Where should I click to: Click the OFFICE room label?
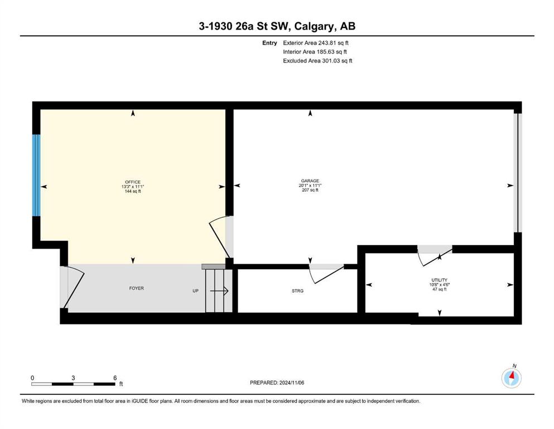point(133,182)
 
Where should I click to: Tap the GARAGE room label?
point(310,181)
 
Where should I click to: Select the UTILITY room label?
point(440,280)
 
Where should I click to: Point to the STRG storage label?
point(297,290)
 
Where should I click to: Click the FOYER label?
point(136,288)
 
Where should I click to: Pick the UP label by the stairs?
point(195,290)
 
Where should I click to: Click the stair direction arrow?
point(219,291)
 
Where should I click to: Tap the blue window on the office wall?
point(36,175)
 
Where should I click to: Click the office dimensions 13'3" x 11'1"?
point(133,187)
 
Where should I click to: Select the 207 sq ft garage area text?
point(310,190)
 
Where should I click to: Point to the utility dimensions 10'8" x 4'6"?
point(440,284)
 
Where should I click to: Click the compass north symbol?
point(512,378)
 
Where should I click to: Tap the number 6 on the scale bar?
point(115,378)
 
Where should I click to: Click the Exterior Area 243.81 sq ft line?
point(316,43)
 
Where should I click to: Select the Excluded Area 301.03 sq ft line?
point(317,60)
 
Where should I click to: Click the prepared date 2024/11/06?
point(292,383)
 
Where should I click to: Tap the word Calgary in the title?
point(315,26)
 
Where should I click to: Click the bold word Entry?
point(269,43)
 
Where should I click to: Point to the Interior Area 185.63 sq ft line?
point(315,51)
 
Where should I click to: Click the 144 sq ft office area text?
point(133,192)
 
